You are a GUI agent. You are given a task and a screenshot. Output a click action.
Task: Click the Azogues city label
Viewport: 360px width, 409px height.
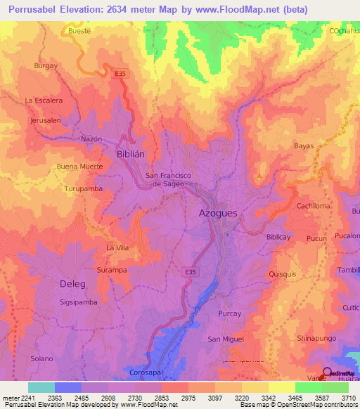[x=218, y=212]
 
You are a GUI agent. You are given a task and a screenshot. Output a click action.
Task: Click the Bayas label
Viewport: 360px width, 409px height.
[x=304, y=146]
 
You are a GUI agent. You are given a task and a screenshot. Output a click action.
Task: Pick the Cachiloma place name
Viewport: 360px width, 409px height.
[x=313, y=206]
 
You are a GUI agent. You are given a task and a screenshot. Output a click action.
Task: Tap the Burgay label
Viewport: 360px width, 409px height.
[x=46, y=65]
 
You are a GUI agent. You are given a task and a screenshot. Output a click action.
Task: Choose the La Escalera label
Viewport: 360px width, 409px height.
[x=44, y=100]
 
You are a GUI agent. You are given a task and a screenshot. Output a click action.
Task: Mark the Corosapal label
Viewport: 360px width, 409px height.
[x=146, y=372]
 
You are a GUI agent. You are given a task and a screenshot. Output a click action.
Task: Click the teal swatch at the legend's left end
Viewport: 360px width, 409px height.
[x=41, y=387]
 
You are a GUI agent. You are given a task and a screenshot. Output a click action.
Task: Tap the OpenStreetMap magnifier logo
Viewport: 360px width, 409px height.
[x=328, y=374]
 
